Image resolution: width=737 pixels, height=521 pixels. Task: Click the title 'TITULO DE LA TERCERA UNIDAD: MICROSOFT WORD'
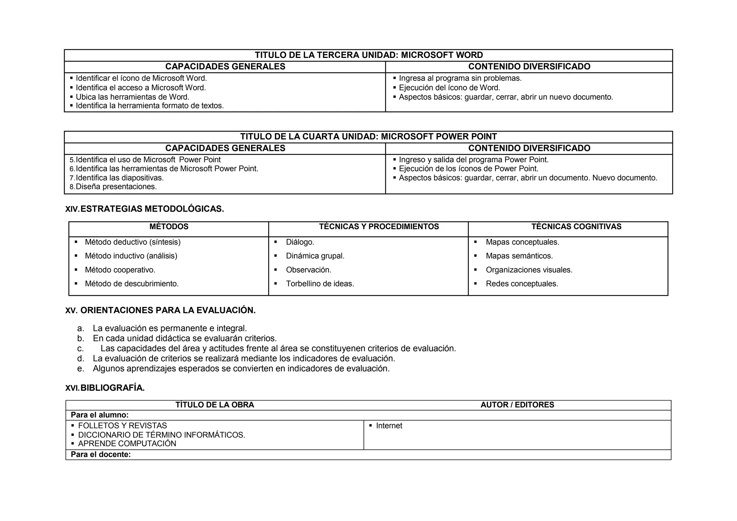point(368,55)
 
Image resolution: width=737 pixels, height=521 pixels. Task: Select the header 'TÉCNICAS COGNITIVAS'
point(576,227)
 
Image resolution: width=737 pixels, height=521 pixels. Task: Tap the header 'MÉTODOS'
point(169,227)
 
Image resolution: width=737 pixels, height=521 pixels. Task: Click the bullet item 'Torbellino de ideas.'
point(320,284)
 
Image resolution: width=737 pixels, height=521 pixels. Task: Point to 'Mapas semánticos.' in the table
point(519,256)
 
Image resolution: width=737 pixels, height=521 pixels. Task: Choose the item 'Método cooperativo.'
point(120,270)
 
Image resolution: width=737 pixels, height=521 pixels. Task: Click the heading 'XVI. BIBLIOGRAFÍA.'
point(105,388)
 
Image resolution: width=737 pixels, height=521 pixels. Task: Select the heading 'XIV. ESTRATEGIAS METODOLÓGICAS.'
point(144,209)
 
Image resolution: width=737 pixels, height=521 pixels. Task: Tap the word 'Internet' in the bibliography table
point(389,426)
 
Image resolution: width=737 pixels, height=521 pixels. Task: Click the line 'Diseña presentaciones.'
point(116,187)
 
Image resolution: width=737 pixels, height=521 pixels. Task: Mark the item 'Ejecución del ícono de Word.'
point(449,88)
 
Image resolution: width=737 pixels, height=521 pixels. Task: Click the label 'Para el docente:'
point(100,454)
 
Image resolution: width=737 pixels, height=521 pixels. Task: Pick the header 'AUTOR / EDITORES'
point(517,405)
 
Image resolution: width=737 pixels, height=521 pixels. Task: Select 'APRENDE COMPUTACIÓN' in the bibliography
point(127,444)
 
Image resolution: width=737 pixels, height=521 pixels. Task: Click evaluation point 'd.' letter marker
point(81,359)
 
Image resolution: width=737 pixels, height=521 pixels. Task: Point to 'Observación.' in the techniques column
point(308,270)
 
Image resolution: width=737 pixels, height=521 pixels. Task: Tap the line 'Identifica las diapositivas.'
point(119,178)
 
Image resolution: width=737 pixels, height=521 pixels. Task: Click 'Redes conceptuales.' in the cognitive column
point(521,284)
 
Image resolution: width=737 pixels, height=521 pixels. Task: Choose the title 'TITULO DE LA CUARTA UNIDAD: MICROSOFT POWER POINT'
point(368,137)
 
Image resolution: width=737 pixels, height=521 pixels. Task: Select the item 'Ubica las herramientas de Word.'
point(132,97)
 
